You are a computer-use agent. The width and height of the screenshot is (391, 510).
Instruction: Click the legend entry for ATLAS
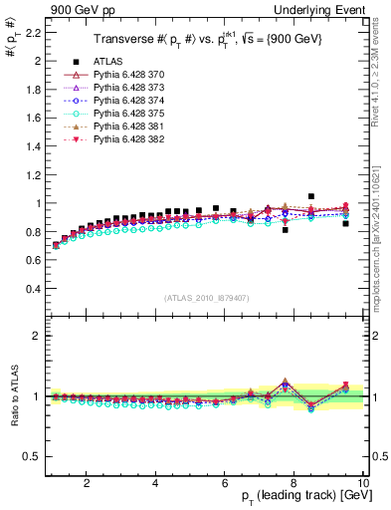[x=104, y=61]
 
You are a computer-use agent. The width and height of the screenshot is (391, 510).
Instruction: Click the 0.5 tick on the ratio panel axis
[x=33, y=456]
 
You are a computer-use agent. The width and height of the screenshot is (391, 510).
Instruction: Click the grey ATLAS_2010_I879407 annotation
[x=206, y=297]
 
